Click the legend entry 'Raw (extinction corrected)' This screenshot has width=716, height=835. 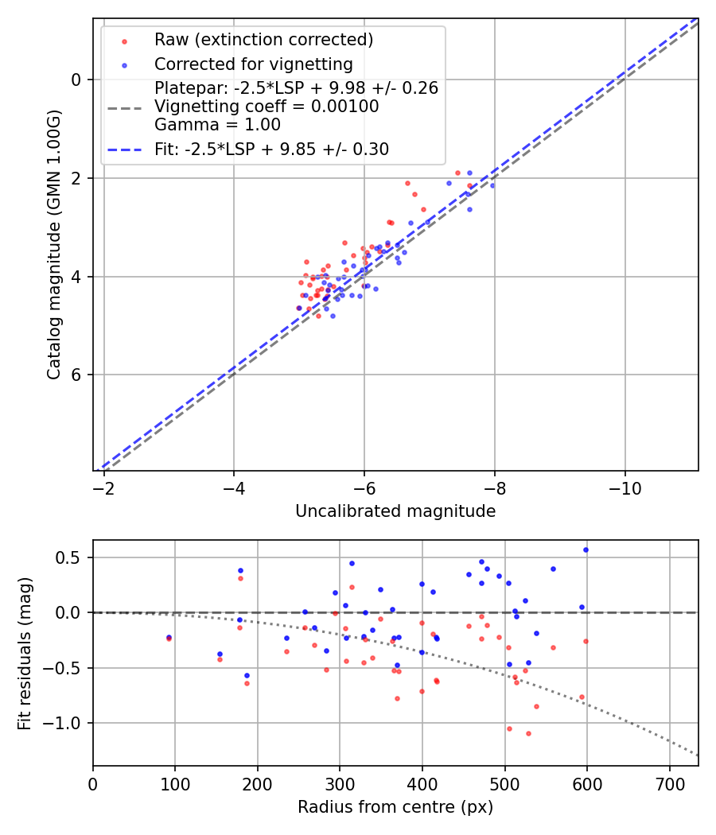click(x=263, y=40)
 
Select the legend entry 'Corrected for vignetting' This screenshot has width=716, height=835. click(x=253, y=64)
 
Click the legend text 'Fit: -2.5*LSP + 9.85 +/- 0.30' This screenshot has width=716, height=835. click(x=271, y=150)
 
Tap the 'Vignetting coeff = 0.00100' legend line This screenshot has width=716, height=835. click(x=267, y=107)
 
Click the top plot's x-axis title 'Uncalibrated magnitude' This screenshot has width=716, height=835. click(x=395, y=511)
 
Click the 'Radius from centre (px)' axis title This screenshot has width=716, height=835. click(x=395, y=807)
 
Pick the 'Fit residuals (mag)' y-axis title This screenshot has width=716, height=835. click(x=25, y=653)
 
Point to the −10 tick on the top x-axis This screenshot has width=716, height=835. click(x=625, y=489)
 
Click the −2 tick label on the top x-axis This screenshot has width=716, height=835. click(x=103, y=489)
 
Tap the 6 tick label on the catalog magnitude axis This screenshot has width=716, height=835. click(x=76, y=375)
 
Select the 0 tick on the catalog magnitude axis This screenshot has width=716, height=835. click(x=76, y=80)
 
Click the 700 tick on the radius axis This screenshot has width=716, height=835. click(x=669, y=783)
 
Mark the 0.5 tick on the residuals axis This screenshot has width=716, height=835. click(x=73, y=557)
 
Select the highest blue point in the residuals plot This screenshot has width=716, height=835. click(x=586, y=550)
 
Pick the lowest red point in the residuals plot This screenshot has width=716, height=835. click(x=528, y=733)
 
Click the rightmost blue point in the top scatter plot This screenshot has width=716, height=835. click(x=492, y=185)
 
